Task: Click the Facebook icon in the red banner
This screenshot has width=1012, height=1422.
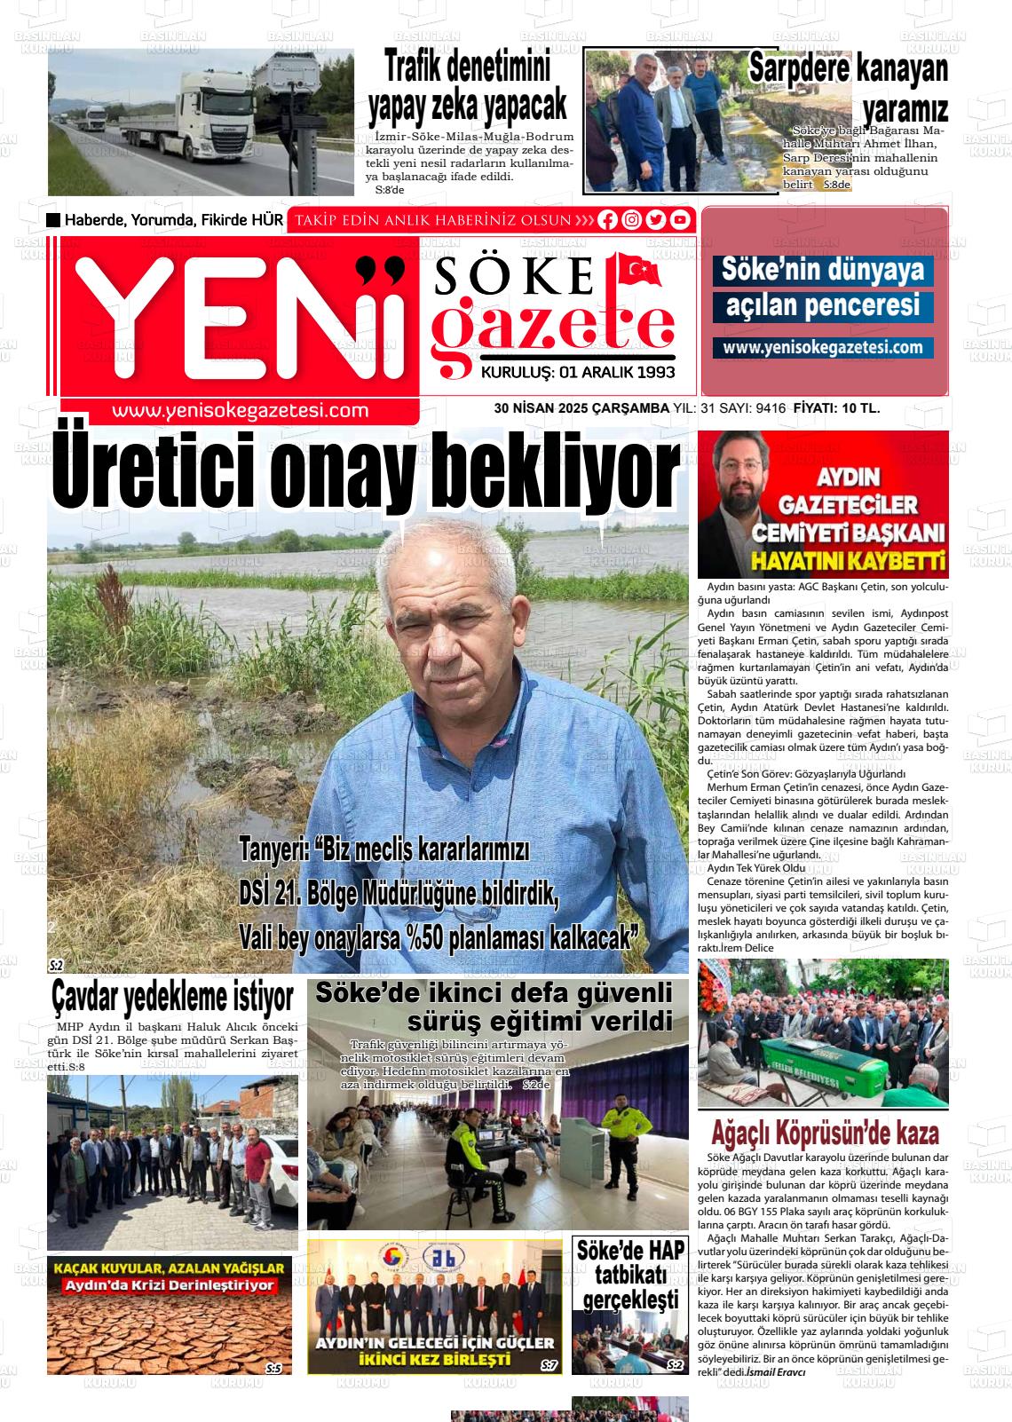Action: [607, 220]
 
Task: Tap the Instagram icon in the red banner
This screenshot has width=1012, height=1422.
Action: [631, 220]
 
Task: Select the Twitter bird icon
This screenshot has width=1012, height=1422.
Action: [655, 220]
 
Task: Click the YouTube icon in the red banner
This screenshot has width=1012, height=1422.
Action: [679, 220]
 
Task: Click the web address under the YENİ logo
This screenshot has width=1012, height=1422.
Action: [241, 410]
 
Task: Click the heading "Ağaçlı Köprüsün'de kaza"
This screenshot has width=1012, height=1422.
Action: [825, 1134]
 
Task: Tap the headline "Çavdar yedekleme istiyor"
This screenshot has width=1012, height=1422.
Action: [172, 997]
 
